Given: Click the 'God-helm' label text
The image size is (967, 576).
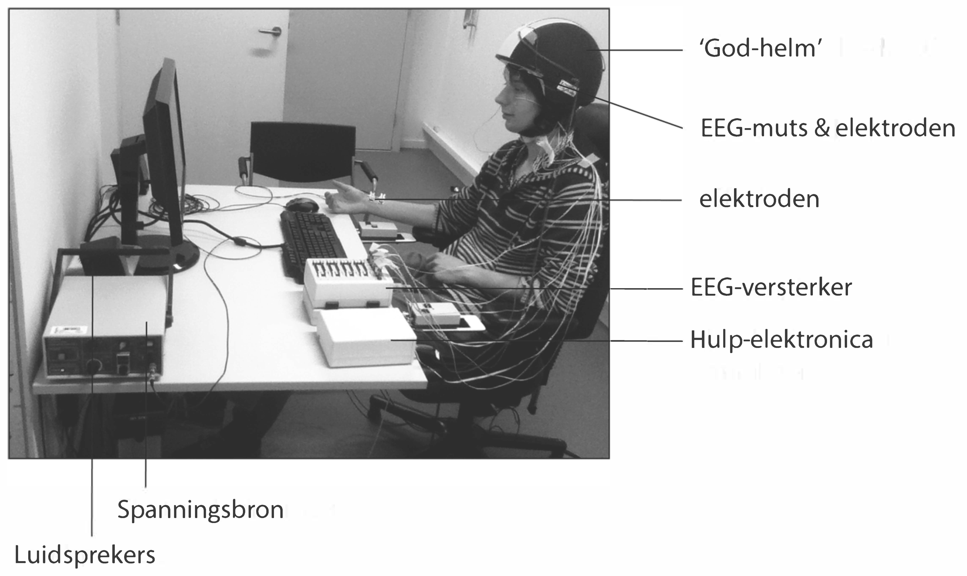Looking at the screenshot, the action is coord(760,49).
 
